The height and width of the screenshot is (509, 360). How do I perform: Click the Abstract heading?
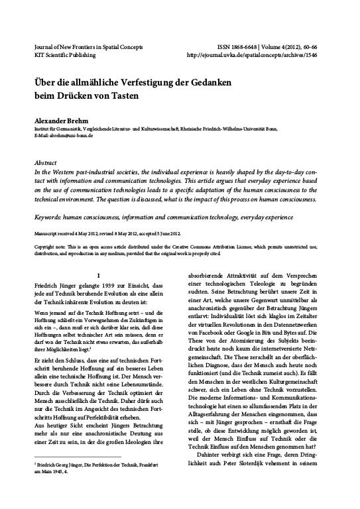47,162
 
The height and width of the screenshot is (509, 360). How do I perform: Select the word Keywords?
50,217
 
